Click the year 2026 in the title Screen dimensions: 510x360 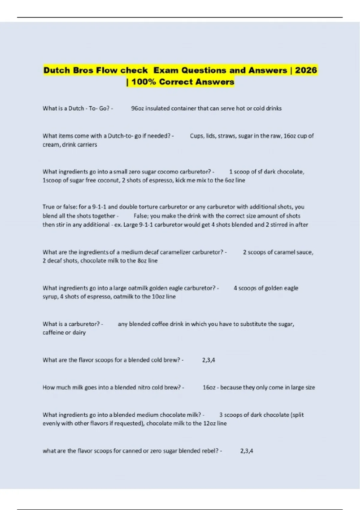(x=306, y=70)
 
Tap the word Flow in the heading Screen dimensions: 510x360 (x=107, y=70)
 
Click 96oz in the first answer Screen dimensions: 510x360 (x=137, y=108)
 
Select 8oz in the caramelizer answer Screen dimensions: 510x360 (x=142, y=261)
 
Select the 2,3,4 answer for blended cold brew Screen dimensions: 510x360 (x=208, y=360)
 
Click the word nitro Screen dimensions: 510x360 (x=144, y=388)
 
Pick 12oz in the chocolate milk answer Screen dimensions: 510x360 (x=207, y=424)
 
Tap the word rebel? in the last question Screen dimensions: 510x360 (x=210, y=451)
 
